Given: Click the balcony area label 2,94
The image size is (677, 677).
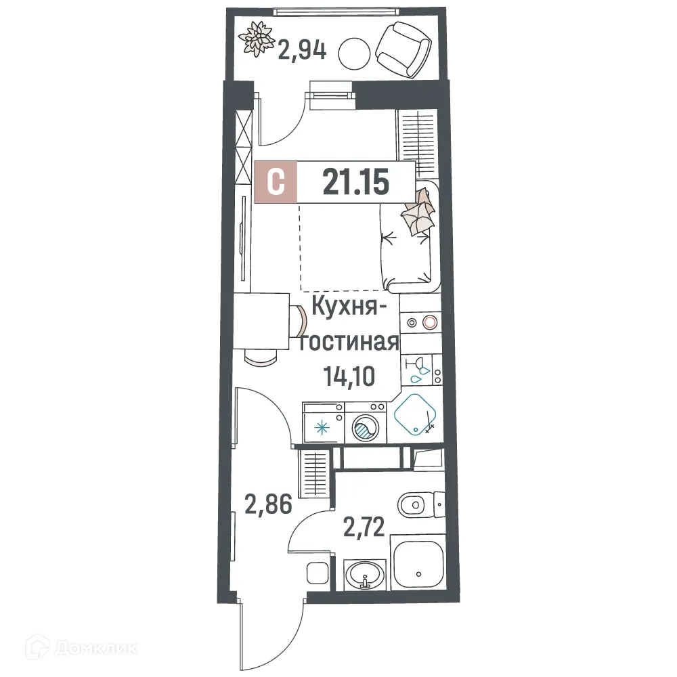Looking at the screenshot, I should click(x=302, y=50).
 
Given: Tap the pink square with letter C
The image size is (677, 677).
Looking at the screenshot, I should click(x=276, y=182).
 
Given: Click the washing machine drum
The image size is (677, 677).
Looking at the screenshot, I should click(x=365, y=427).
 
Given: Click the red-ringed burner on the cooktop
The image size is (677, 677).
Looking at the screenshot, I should click(x=429, y=323).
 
